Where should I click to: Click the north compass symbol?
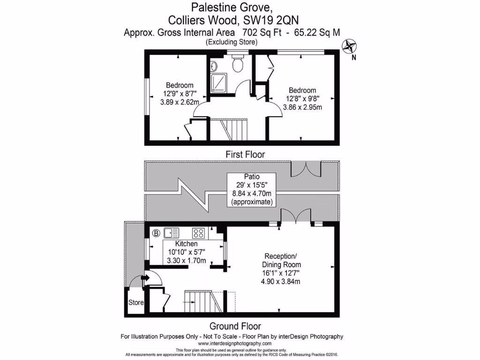(349, 46)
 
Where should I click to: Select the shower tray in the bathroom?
(217, 83)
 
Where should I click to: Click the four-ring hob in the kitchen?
(199, 232)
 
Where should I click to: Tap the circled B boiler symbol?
(156, 232)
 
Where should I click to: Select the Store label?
(136, 303)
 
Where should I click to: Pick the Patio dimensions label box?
(251, 190)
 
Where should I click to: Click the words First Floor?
(245, 154)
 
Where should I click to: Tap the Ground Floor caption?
(235, 326)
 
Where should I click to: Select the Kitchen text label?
(186, 244)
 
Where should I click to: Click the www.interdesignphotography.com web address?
(231, 344)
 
